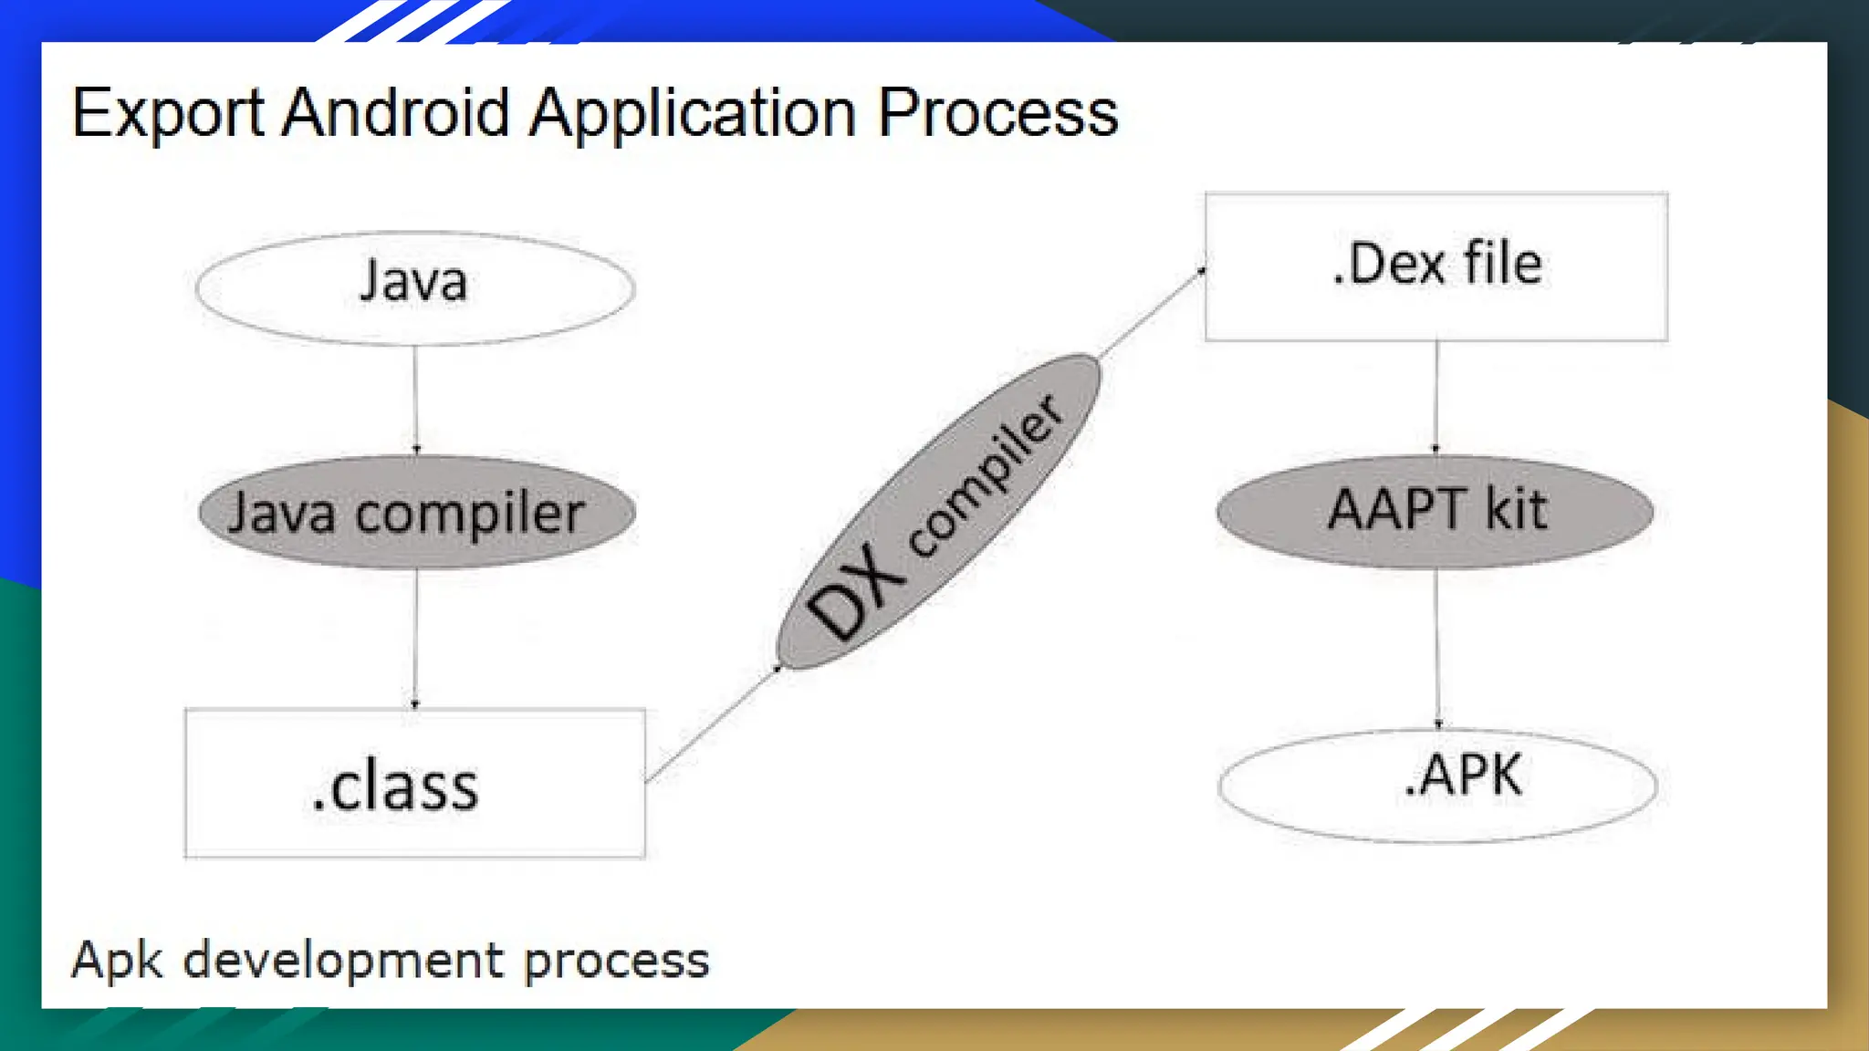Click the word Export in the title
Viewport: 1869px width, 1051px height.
pos(167,114)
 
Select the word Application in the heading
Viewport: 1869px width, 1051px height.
pos(693,114)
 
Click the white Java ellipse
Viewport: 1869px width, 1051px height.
pos(415,286)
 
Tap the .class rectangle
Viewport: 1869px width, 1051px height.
pos(415,784)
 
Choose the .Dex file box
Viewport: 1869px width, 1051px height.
pos(1436,266)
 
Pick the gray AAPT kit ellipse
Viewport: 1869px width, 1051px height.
pos(1436,511)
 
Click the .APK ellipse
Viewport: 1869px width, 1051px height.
pos(1437,785)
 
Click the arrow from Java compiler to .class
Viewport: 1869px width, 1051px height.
pos(416,638)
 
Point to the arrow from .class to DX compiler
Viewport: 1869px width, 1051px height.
pos(712,725)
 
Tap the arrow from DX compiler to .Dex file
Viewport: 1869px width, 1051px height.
pos(1152,313)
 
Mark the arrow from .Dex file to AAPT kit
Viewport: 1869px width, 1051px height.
pos(1436,398)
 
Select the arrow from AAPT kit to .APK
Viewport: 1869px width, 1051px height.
pos(1437,649)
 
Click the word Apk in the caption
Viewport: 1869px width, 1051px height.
pos(117,961)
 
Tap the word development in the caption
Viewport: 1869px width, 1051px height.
pos(343,961)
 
